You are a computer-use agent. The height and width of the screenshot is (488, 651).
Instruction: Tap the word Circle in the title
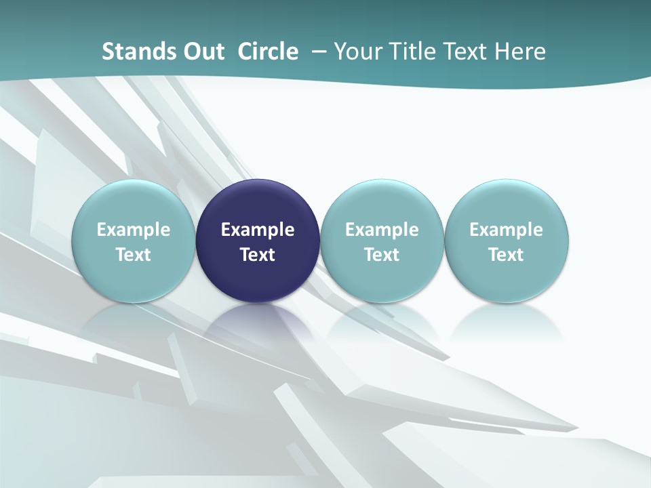pos(268,52)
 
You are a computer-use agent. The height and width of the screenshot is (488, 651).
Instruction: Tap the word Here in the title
pos(520,52)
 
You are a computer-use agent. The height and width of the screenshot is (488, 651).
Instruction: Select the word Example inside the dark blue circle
pos(258,230)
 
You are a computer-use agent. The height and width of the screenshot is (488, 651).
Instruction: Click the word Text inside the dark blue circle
pos(258,255)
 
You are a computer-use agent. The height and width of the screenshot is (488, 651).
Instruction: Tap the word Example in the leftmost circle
pos(133,230)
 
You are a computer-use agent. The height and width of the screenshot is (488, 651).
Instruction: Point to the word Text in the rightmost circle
pos(507,255)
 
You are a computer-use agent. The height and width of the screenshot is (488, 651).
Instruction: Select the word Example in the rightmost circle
pos(507,230)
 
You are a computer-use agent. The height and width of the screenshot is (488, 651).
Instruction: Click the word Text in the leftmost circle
pos(133,255)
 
